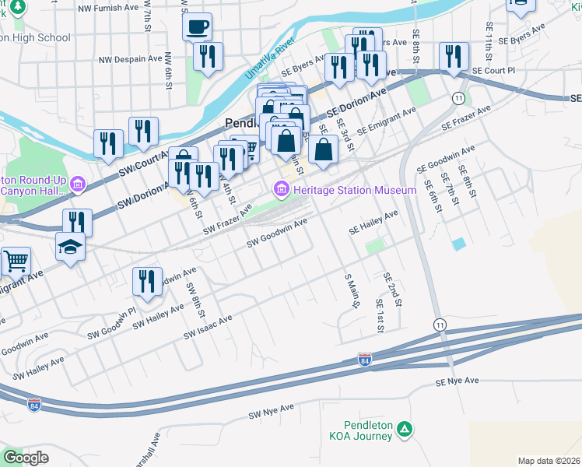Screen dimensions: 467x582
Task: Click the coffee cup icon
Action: [197, 26]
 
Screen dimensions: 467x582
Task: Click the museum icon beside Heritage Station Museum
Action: [281, 189]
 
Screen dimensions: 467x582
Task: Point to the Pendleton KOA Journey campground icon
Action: [404, 429]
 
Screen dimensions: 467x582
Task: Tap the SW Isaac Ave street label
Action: [208, 327]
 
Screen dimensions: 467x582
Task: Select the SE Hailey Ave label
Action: [373, 222]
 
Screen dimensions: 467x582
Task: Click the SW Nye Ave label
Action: [271, 409]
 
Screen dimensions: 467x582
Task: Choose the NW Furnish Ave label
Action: [110, 7]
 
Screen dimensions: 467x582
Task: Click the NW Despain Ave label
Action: [129, 59]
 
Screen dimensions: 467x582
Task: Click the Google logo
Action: [26, 458]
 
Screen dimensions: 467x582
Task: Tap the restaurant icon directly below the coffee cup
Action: [208, 56]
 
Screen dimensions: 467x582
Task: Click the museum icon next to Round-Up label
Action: [77, 184]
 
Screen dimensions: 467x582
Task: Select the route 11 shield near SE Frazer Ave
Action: [460, 98]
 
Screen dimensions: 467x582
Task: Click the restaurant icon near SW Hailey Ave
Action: [147, 281]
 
